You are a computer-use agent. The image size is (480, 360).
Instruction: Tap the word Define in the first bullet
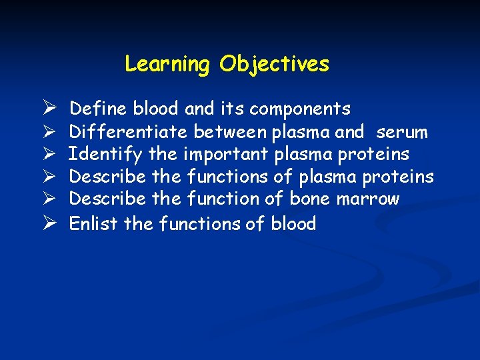tap(99, 109)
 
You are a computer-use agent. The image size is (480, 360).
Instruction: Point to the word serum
tap(402, 132)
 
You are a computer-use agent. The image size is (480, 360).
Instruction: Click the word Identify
tap(105, 155)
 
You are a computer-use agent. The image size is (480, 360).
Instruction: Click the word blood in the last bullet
tap(293, 223)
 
